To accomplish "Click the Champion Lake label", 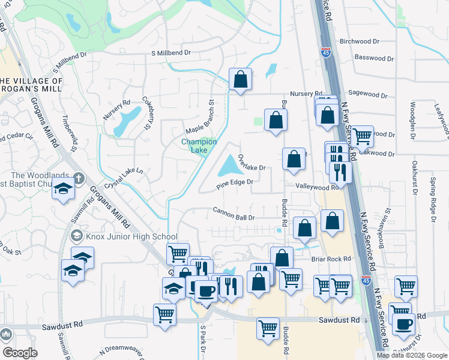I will [199, 146].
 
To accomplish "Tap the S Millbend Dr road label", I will [171, 53].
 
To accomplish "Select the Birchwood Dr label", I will [360, 41].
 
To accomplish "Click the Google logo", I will [20, 353].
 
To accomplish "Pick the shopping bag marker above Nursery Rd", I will [240, 79].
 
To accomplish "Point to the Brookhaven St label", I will [384, 229].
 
